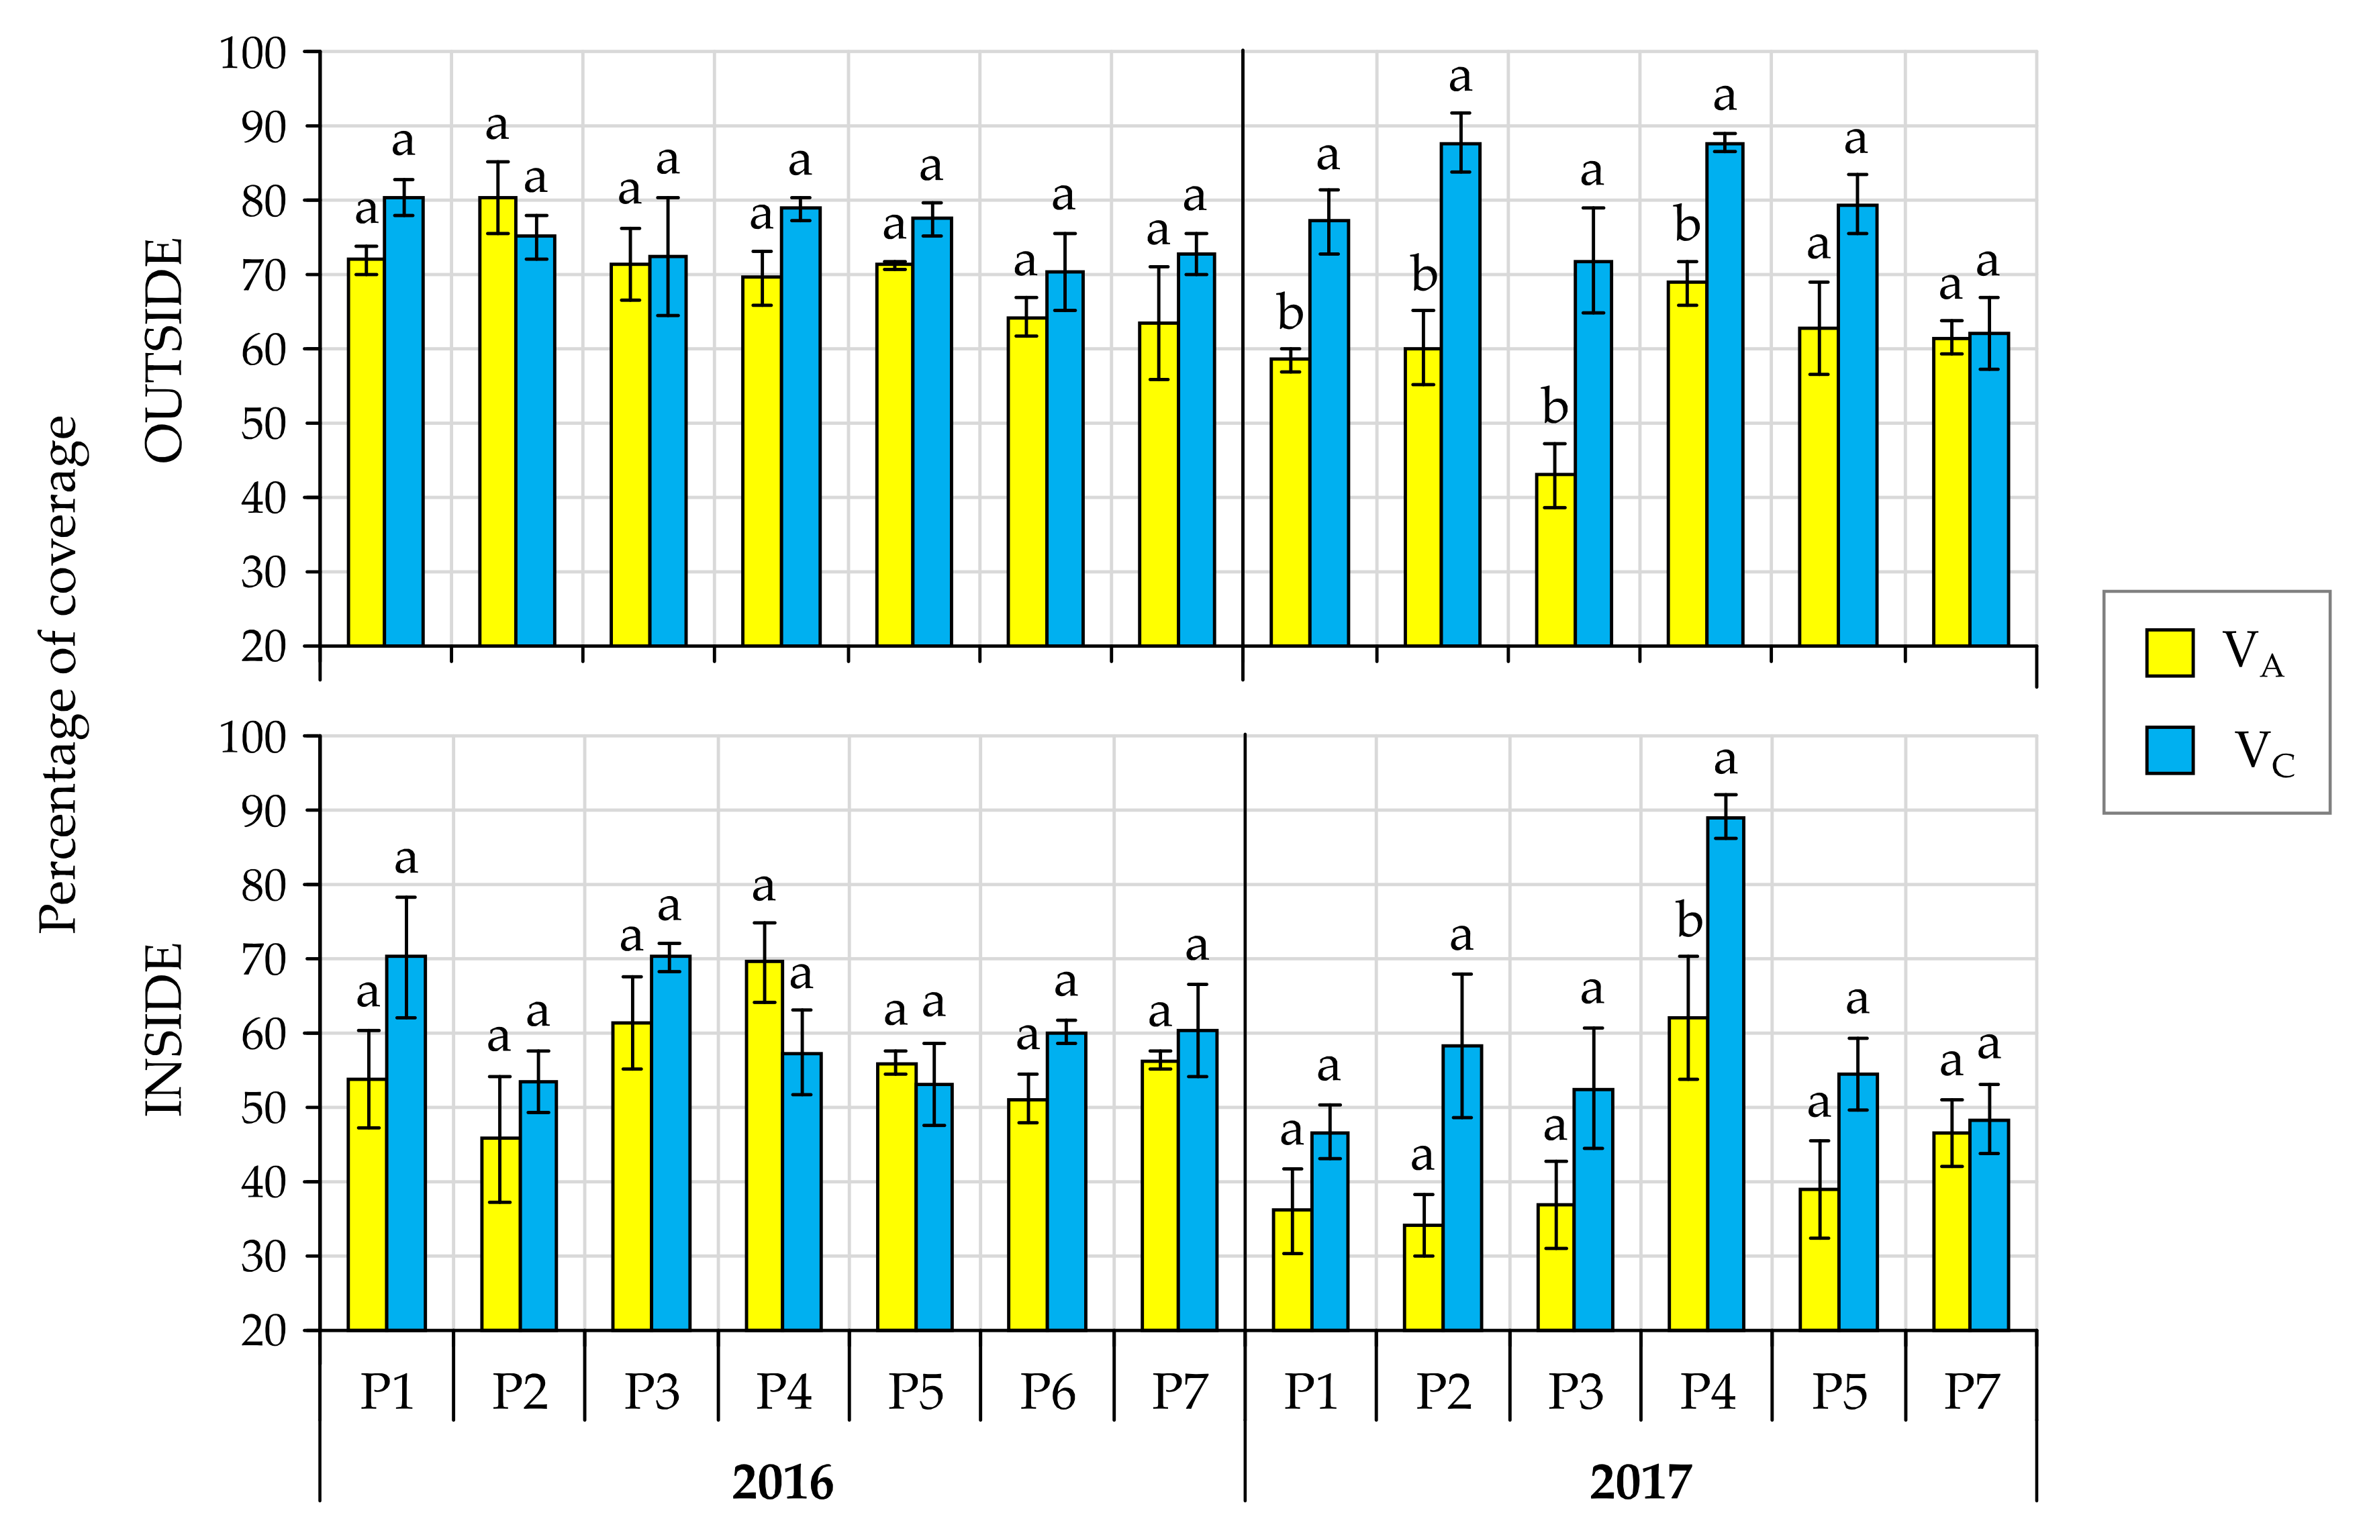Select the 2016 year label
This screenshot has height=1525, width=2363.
click(782, 1483)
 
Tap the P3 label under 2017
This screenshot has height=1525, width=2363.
click(1575, 1391)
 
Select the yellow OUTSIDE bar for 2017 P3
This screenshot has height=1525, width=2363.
click(1555, 560)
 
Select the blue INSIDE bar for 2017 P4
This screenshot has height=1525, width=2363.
click(1725, 1075)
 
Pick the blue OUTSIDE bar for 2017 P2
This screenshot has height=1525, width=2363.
click(1461, 396)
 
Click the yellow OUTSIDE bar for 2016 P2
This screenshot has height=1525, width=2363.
click(498, 422)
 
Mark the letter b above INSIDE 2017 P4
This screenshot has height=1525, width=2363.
click(1688, 921)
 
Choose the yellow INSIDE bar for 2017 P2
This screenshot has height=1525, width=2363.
click(1423, 1277)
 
